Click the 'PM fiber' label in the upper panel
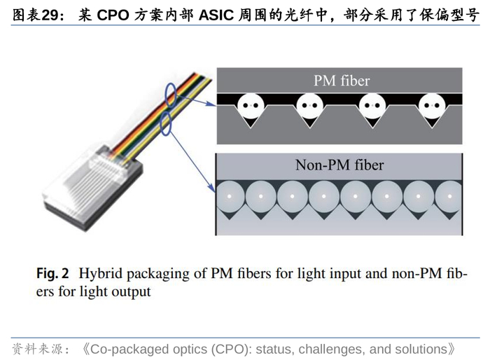click(342, 81)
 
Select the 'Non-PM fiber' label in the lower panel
click(339, 165)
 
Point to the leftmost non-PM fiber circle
click(230, 196)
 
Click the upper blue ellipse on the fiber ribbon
click(171, 95)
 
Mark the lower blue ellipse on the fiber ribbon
click(166, 124)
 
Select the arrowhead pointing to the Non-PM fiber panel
click(212, 188)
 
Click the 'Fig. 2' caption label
click(52, 273)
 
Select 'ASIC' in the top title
click(216, 15)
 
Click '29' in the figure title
click(50, 15)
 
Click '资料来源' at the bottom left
click(38, 349)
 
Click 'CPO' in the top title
click(113, 15)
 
